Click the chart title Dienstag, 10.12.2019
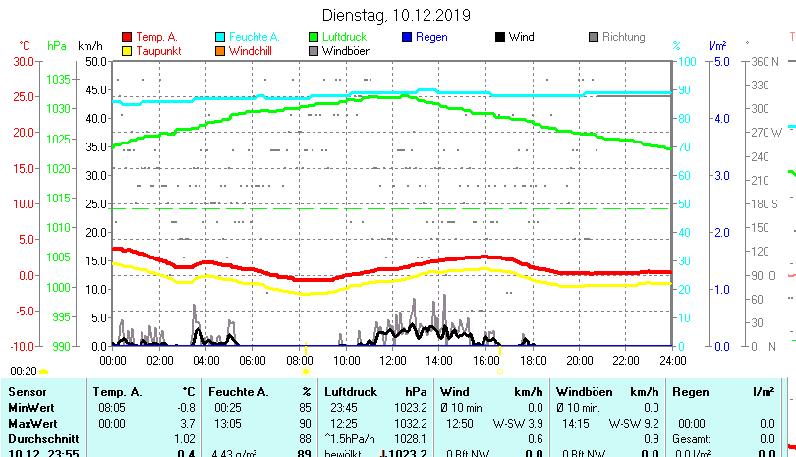pyautogui.click(x=397, y=15)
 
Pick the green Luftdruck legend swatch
pyautogui.click(x=313, y=37)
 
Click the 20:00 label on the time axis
pyautogui.click(x=579, y=360)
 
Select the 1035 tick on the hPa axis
pyautogui.click(x=58, y=79)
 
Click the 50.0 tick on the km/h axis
pyautogui.click(x=95, y=61)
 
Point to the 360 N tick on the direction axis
pyautogui.click(x=765, y=61)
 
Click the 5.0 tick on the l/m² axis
pyautogui.click(x=719, y=61)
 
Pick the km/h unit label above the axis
pyautogui.click(x=89, y=46)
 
